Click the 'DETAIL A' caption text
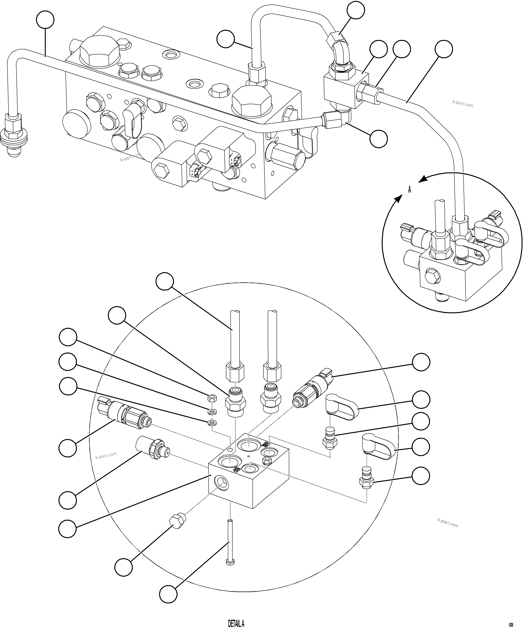(236, 624)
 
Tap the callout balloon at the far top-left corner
(45, 20)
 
